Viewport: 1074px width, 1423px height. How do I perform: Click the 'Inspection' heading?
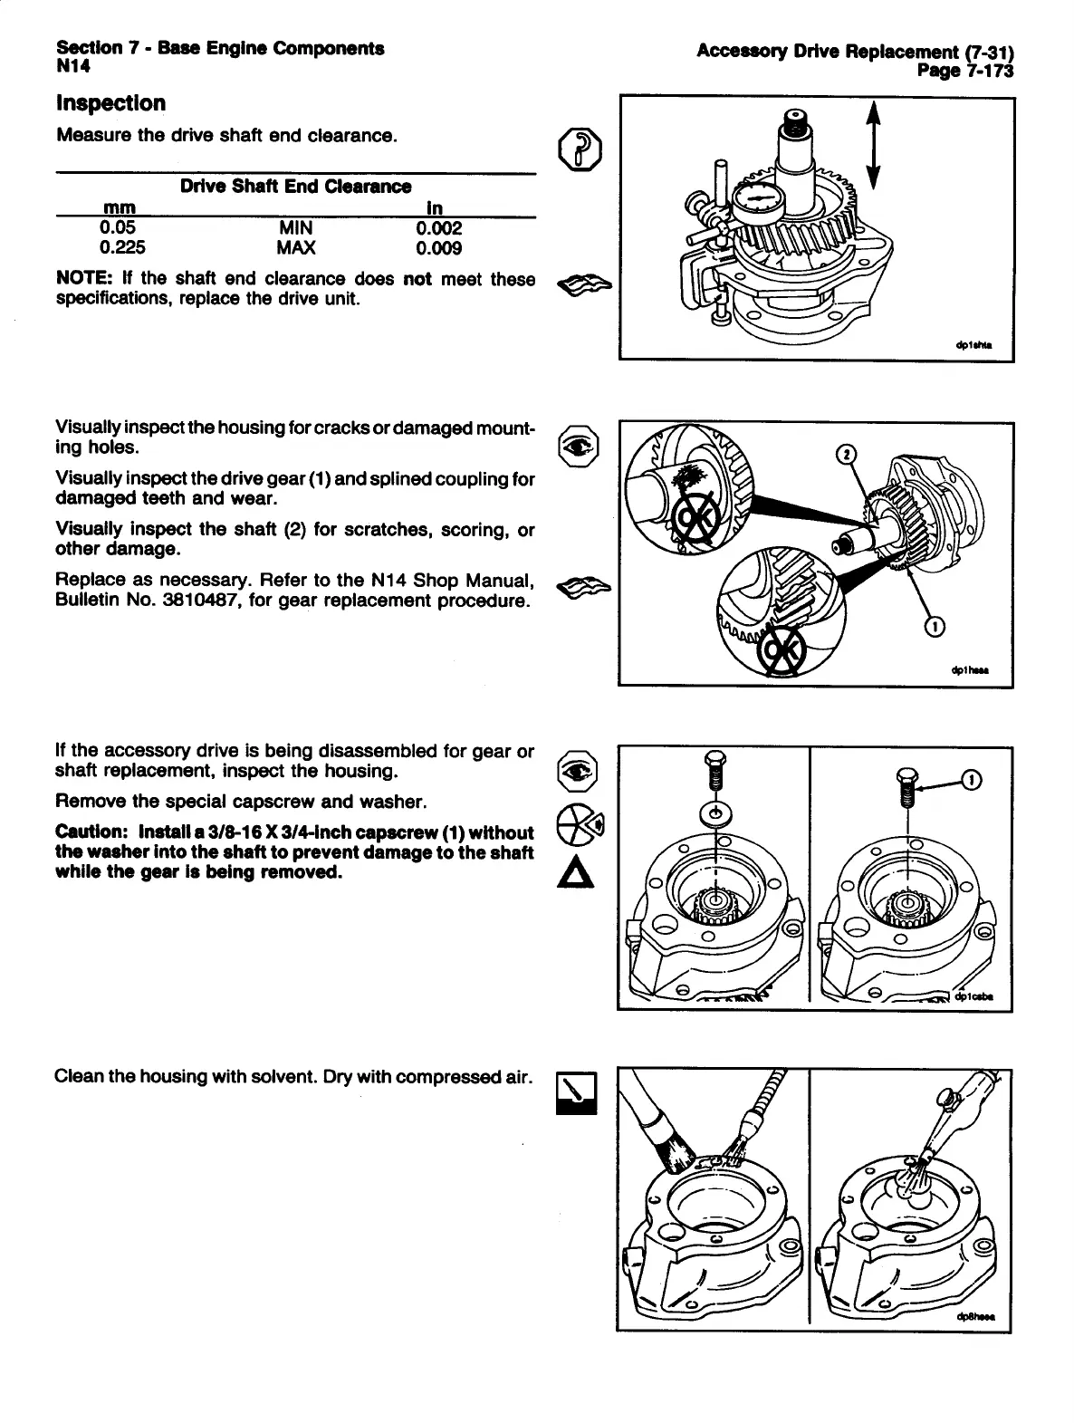pyautogui.click(x=110, y=103)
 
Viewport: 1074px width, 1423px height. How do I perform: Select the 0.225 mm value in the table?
pyautogui.click(x=122, y=248)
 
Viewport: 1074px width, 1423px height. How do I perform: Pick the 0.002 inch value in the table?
pyautogui.click(x=439, y=228)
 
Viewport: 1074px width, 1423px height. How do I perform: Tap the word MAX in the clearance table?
pyautogui.click(x=295, y=248)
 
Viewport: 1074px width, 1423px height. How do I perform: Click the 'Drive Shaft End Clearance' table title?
pyautogui.click(x=295, y=187)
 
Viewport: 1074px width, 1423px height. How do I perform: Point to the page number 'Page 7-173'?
pyautogui.click(x=964, y=71)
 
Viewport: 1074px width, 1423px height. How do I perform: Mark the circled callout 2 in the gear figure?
pyautogui.click(x=845, y=454)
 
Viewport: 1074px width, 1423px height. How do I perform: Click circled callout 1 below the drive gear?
pyautogui.click(x=935, y=626)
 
